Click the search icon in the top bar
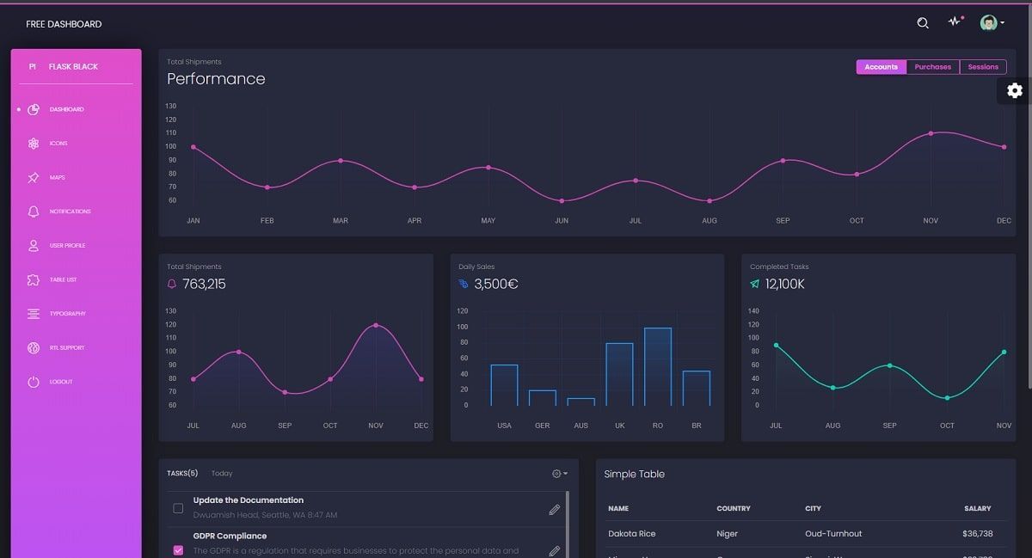click(x=923, y=23)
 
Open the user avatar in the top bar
click(x=989, y=23)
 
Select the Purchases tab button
click(x=932, y=67)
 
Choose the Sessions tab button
click(x=983, y=67)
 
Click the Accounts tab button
click(x=881, y=67)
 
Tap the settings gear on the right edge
click(x=1015, y=90)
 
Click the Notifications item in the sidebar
click(x=70, y=212)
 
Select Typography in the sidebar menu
click(x=67, y=314)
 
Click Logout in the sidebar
click(x=61, y=382)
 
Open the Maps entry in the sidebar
click(x=57, y=178)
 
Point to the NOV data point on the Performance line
click(x=931, y=133)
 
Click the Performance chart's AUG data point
click(x=709, y=200)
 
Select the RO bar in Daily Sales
click(x=658, y=367)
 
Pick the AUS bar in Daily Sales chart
click(x=581, y=402)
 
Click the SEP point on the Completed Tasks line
click(x=889, y=365)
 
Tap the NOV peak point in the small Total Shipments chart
click(x=376, y=325)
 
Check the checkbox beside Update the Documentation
click(x=178, y=508)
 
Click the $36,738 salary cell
click(x=977, y=534)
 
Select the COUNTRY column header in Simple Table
click(x=734, y=509)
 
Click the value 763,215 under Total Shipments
click(x=204, y=284)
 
